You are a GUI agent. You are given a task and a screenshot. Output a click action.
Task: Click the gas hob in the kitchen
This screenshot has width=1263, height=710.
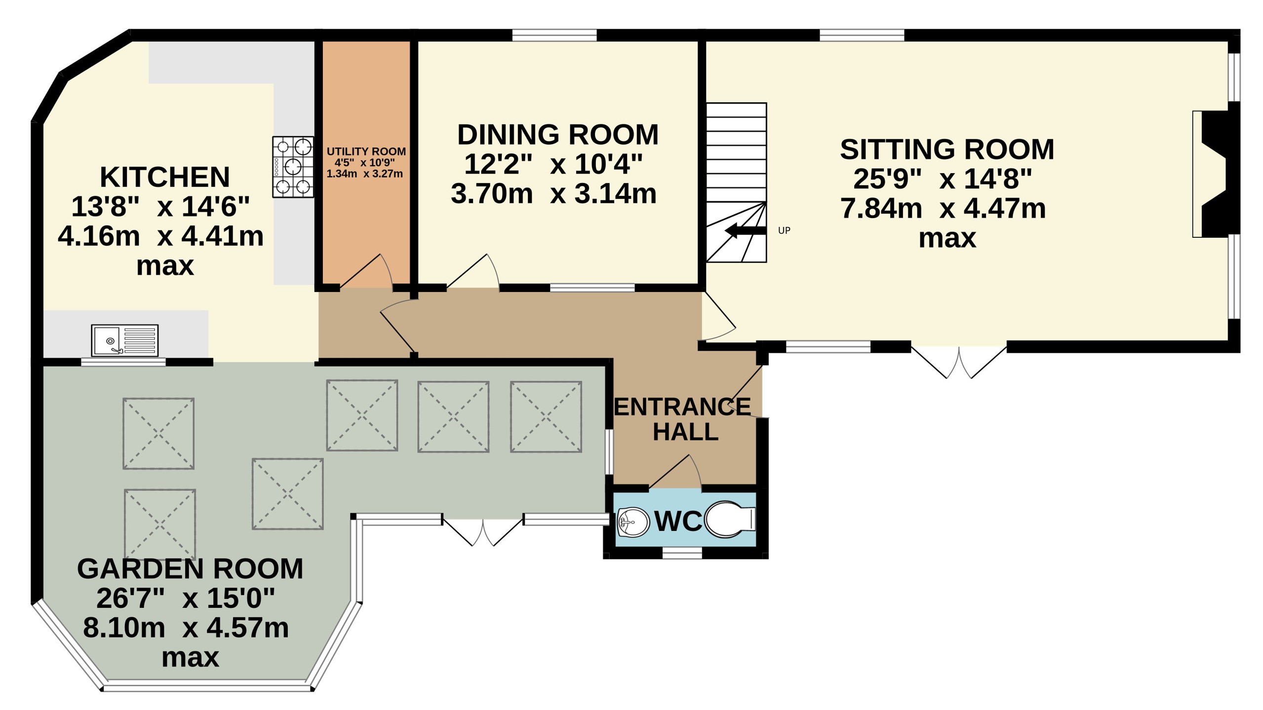[293, 167]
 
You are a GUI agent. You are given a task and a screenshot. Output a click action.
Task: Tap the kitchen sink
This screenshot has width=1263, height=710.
[124, 340]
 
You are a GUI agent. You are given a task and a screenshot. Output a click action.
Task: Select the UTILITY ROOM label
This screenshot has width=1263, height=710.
[366, 151]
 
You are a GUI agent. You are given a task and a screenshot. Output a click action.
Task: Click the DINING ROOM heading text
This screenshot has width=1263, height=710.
[558, 134]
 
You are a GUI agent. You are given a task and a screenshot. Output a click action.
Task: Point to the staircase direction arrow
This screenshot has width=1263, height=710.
[745, 230]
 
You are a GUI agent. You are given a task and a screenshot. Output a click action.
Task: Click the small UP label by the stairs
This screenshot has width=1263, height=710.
[784, 230]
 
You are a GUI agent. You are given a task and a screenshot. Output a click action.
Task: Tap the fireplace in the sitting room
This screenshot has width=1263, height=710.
[1216, 174]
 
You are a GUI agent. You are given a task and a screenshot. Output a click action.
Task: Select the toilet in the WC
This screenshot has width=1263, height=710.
[729, 519]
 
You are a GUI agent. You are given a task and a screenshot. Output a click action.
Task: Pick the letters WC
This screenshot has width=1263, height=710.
[678, 521]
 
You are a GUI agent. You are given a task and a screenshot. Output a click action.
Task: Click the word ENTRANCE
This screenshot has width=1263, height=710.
[682, 407]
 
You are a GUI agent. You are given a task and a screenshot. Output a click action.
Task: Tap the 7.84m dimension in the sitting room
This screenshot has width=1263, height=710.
[881, 208]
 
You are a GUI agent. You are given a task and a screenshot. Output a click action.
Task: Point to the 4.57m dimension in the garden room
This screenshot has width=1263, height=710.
[247, 628]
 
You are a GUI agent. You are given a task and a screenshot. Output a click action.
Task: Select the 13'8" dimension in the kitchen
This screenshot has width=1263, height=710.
[105, 206]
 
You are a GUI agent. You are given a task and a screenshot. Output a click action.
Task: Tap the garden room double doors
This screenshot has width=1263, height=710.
[483, 531]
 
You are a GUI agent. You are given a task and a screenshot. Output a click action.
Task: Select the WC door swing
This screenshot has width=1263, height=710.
[675, 472]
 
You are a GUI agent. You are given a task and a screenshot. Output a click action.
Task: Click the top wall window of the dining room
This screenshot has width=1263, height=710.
[554, 35]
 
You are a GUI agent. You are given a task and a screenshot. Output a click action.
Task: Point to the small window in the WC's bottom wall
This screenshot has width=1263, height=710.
[682, 553]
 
